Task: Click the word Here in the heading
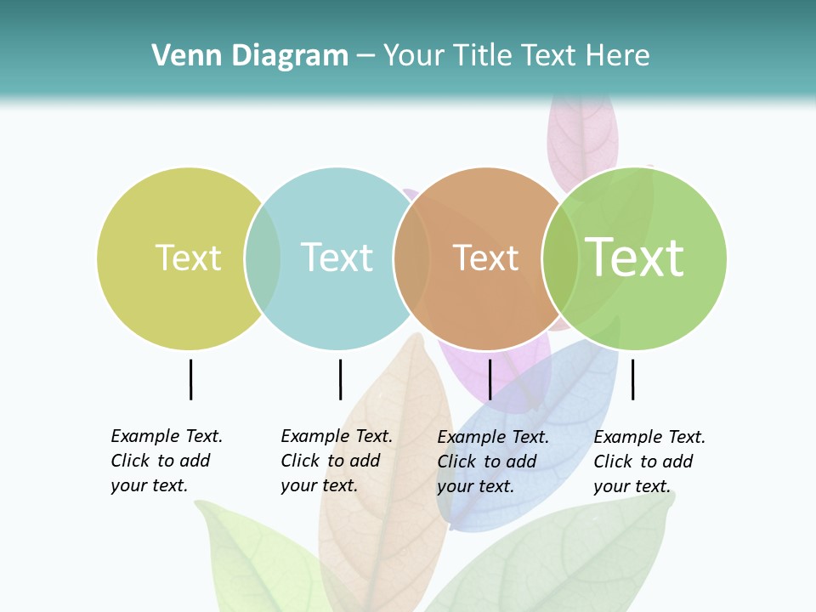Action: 618,56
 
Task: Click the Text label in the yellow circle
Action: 188,258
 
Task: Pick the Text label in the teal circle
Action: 337,258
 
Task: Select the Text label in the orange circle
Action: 485,258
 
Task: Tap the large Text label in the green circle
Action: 635,258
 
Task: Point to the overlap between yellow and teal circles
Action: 263,258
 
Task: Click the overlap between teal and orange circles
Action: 411,258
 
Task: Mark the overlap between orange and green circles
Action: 560,258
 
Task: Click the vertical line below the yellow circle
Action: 191,379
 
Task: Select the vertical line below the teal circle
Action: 340,379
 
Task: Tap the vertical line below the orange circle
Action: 490,379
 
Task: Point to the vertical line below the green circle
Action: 633,379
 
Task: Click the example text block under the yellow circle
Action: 166,461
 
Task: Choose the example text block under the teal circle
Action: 336,461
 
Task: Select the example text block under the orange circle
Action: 492,462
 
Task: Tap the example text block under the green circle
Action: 649,462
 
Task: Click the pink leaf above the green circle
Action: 582,136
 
